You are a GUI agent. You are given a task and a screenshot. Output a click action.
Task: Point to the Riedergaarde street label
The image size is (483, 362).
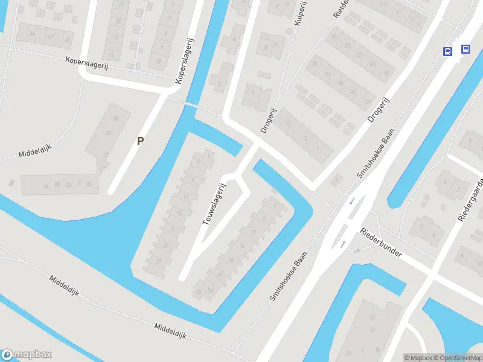[470, 199]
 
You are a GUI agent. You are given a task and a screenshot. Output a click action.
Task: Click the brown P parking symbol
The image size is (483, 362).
[141, 141]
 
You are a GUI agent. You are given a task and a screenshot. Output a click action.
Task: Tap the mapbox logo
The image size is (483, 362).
[27, 355]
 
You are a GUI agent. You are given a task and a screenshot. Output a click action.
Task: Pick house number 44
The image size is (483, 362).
[32, 33]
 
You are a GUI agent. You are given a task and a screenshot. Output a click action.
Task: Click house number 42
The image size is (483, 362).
[50, 36]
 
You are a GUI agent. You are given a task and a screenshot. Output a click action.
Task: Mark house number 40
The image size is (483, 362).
[67, 40]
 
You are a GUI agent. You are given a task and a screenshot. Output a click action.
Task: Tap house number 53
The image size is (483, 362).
[367, 100]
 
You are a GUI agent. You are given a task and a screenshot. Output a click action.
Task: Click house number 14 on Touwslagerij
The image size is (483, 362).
[241, 246]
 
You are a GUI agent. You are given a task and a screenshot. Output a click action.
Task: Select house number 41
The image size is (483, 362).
[327, 73]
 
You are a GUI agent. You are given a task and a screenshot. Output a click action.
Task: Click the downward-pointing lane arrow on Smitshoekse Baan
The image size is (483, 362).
[351, 200]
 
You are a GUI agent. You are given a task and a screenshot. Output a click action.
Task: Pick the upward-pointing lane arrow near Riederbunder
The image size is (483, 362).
[344, 244]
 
